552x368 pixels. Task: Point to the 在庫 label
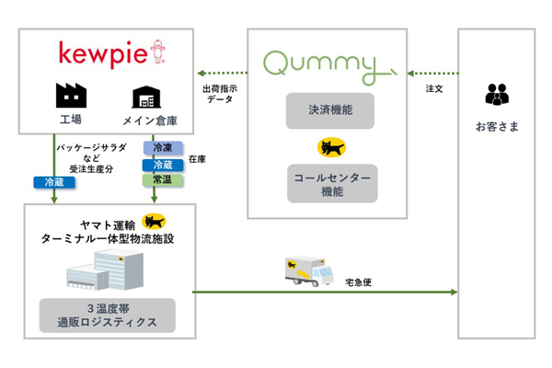pos(196,160)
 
